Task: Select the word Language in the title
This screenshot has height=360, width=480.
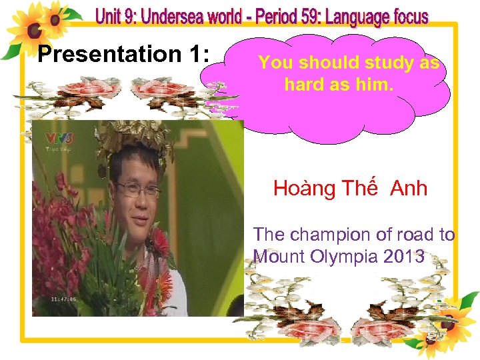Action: click(355, 16)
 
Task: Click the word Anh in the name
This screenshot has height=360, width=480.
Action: click(409, 189)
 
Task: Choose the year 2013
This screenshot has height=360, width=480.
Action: click(403, 256)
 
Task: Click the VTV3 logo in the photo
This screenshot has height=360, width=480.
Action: click(58, 139)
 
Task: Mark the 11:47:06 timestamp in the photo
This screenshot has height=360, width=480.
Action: click(63, 299)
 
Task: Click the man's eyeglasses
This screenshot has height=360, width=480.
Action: click(137, 189)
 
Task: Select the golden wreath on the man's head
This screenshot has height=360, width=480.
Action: click(133, 137)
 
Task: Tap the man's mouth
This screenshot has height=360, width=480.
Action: click(139, 217)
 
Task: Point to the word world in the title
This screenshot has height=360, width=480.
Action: click(246, 15)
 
